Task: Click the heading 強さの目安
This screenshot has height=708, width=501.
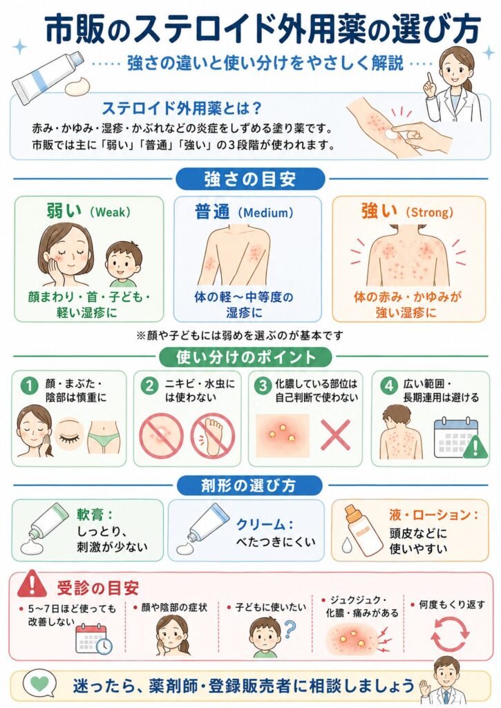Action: click(x=250, y=179)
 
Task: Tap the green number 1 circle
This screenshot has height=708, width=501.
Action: click(x=30, y=386)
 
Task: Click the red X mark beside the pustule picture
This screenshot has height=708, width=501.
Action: click(x=336, y=434)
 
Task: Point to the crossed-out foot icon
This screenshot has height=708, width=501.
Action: click(x=212, y=436)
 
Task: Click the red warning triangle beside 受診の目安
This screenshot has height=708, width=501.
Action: click(x=32, y=584)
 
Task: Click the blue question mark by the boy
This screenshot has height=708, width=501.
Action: click(x=290, y=629)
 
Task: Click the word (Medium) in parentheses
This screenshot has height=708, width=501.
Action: click(x=265, y=212)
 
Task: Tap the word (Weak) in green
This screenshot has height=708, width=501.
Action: click(x=110, y=212)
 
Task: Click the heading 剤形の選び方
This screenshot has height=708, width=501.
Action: click(x=249, y=485)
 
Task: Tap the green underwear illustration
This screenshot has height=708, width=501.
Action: click(x=104, y=437)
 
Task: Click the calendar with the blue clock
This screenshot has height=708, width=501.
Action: click(x=93, y=638)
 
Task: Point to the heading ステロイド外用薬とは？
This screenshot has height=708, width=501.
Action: click(x=182, y=109)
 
